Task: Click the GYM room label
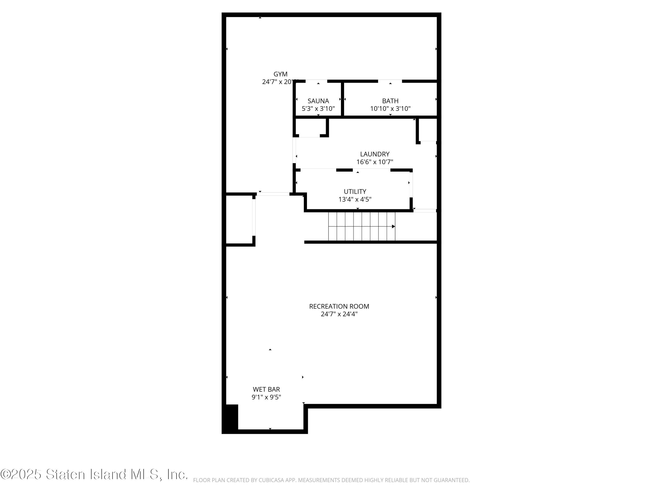pyautogui.click(x=280, y=74)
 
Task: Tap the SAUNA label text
pyautogui.click(x=318, y=101)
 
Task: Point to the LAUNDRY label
pyautogui.click(x=375, y=154)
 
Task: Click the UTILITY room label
pyautogui.click(x=355, y=192)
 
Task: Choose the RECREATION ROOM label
pyautogui.click(x=339, y=306)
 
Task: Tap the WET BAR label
pyautogui.click(x=266, y=389)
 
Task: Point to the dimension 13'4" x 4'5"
pyautogui.click(x=355, y=199)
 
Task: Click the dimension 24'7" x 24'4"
pyautogui.click(x=339, y=314)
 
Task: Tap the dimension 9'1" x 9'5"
pyautogui.click(x=266, y=397)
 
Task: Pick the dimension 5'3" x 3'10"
pyautogui.click(x=318, y=109)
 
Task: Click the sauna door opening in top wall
pyautogui.click(x=316, y=81)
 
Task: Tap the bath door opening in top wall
pyautogui.click(x=390, y=81)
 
